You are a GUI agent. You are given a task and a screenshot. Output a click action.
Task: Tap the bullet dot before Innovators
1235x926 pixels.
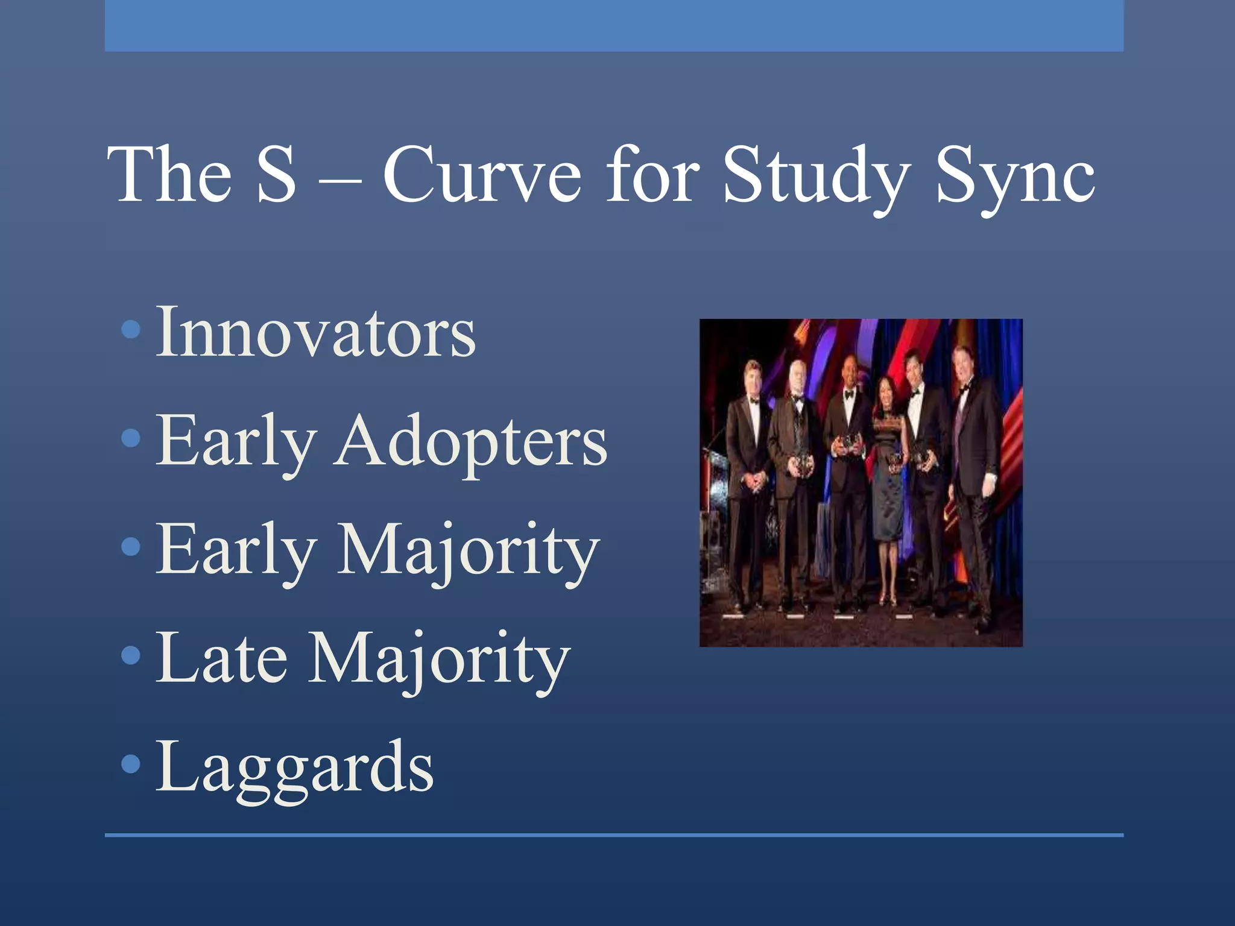coord(131,330)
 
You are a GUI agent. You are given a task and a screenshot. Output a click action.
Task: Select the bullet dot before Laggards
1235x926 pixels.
coord(131,764)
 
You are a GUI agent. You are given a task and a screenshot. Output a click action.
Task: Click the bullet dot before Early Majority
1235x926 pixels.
coord(131,547)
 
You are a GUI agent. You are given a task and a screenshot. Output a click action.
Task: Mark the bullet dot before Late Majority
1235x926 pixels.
coord(131,655)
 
